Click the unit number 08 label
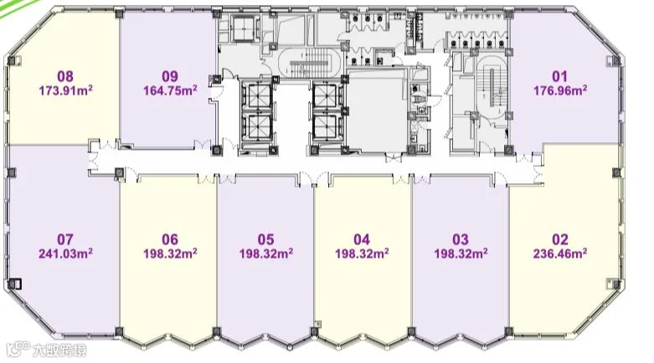click(x=65, y=76)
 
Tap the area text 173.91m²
click(x=65, y=90)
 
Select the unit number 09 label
click(x=170, y=76)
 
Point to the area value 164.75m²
click(x=170, y=90)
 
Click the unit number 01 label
click(x=559, y=76)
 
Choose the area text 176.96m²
click(x=560, y=90)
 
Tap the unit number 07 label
click(x=65, y=239)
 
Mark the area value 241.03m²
click(x=65, y=253)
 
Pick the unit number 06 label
click(x=170, y=239)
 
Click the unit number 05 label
click(x=265, y=239)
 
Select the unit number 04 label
click(x=362, y=239)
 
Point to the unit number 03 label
click(x=461, y=239)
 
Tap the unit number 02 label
click(x=560, y=239)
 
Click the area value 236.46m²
click(x=560, y=253)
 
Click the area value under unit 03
click(x=461, y=253)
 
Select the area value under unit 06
click(x=170, y=253)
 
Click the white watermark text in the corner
click(x=46, y=350)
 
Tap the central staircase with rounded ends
click(x=309, y=64)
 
